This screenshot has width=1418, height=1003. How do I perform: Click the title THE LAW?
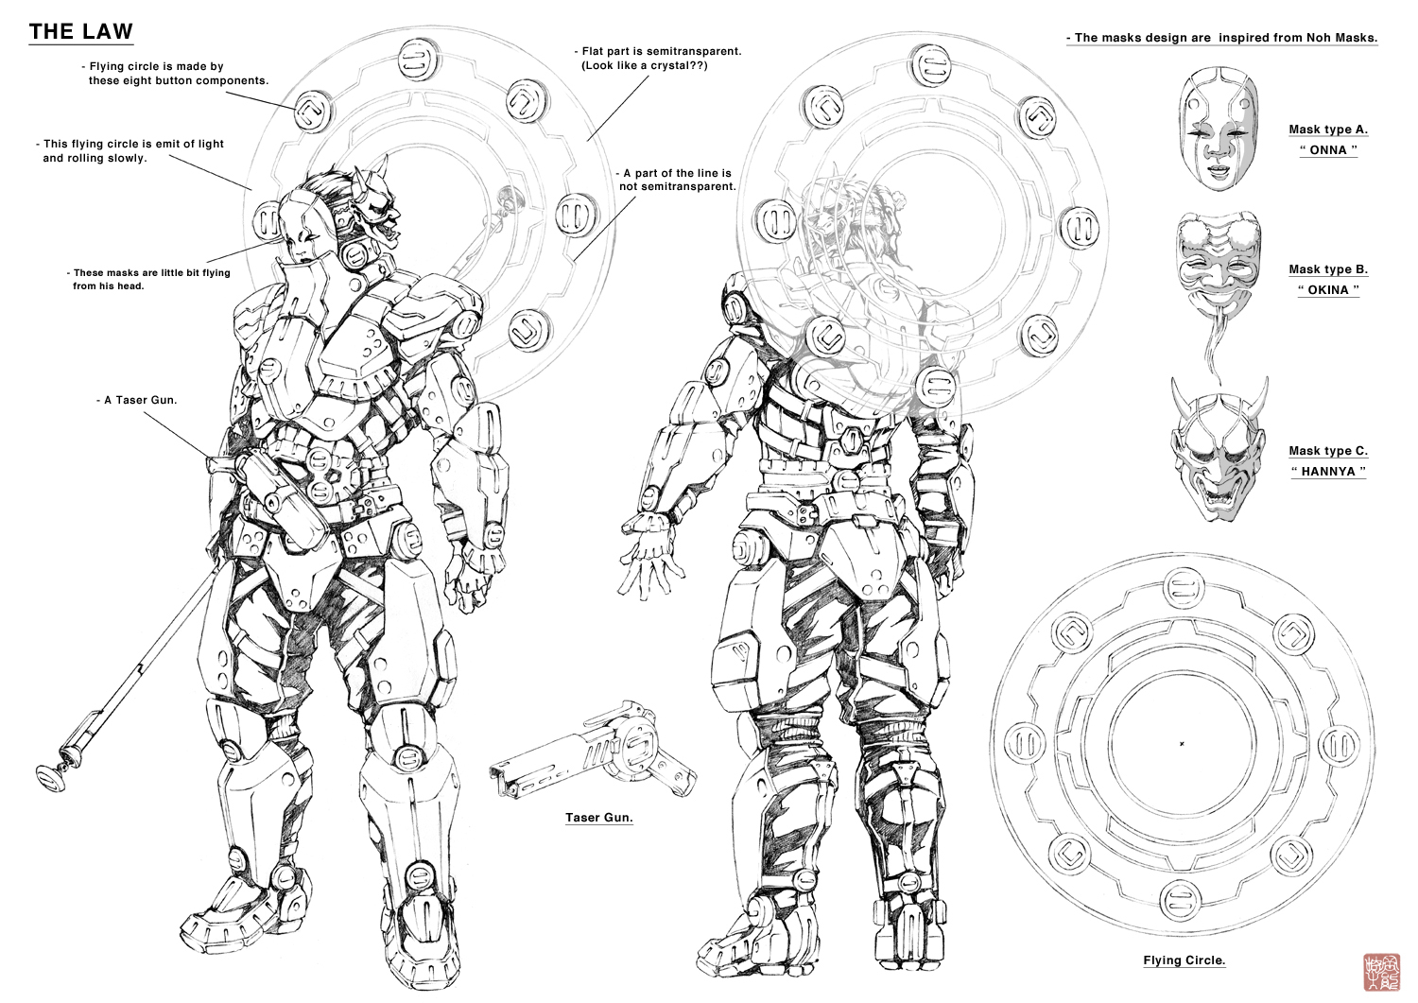click(81, 31)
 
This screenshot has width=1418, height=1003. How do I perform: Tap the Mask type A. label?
click(1328, 130)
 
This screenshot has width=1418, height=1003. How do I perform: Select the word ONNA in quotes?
click(1328, 150)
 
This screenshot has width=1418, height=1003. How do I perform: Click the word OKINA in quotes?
click(1328, 290)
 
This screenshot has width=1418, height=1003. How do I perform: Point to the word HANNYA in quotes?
click(1328, 472)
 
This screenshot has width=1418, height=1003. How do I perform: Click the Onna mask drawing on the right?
click(1218, 129)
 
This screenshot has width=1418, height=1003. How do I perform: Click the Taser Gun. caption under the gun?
click(598, 818)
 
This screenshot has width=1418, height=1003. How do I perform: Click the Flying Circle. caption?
click(1184, 960)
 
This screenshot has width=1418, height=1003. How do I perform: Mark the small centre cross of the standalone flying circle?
click(1182, 744)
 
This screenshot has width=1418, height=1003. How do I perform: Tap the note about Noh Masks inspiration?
click(1221, 38)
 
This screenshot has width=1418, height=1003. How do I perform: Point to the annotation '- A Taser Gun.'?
click(136, 400)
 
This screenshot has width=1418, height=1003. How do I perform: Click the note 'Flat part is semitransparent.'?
click(661, 51)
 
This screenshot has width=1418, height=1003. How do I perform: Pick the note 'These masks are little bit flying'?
click(151, 273)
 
